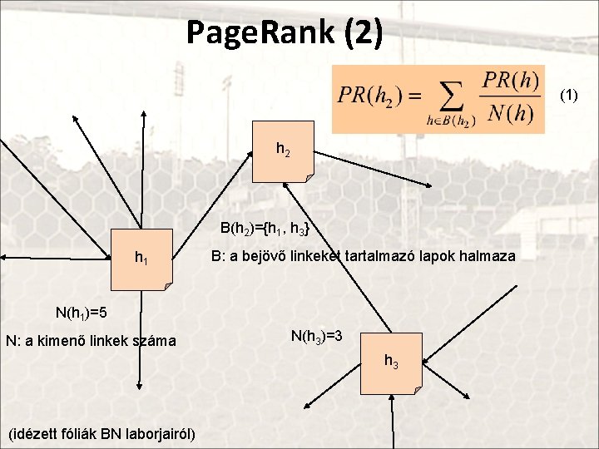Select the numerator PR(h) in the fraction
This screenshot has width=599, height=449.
click(511, 81)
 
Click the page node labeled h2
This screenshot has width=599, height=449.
click(284, 152)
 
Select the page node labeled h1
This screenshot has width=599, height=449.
click(142, 259)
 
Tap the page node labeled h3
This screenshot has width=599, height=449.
click(392, 362)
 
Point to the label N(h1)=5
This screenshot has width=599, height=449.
click(82, 313)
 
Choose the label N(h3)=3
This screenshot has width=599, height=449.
click(322, 336)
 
